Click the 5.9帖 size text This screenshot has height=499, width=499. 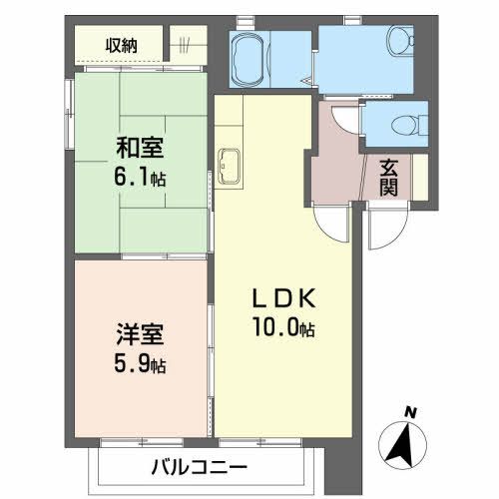click(x=137, y=362)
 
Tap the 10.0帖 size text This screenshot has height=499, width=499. click(x=284, y=325)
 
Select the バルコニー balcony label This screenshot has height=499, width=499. click(x=200, y=466)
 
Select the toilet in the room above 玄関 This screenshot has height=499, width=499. click(x=403, y=125)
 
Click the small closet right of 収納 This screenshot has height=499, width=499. click(x=188, y=44)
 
